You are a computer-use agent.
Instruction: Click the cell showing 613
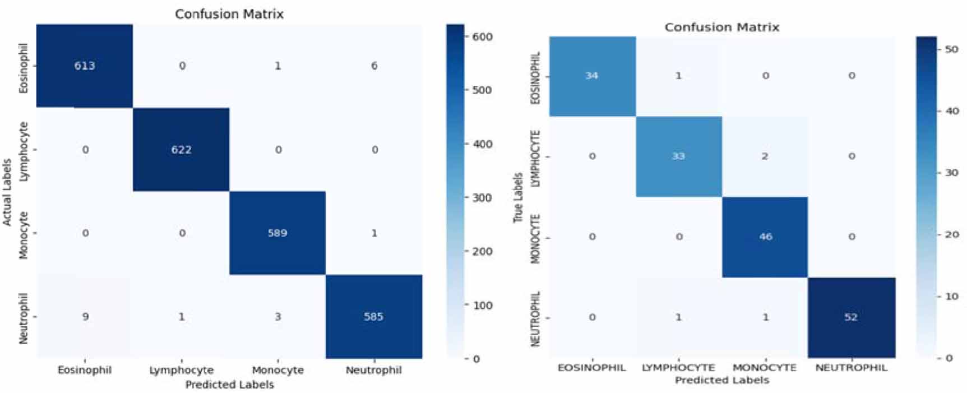click(x=85, y=66)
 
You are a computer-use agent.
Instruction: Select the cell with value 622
click(x=181, y=149)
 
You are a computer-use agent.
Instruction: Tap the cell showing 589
click(x=277, y=233)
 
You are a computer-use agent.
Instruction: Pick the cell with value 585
click(x=374, y=316)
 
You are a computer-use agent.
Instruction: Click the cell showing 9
click(x=85, y=316)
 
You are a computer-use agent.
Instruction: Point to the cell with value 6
click(x=374, y=66)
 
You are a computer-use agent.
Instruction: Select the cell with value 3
click(x=277, y=316)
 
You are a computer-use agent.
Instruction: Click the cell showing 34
click(x=592, y=76)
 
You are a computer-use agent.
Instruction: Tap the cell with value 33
click(x=679, y=156)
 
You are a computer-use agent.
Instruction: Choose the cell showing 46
click(x=765, y=237)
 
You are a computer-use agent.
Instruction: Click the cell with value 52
click(x=852, y=317)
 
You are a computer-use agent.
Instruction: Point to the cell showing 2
click(x=765, y=156)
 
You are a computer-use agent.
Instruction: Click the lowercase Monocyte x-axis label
click(x=277, y=370)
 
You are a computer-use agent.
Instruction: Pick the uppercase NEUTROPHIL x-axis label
click(x=852, y=368)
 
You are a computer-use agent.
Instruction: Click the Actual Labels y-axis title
click(x=7, y=192)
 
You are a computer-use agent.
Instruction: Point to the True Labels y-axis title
click(x=518, y=197)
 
